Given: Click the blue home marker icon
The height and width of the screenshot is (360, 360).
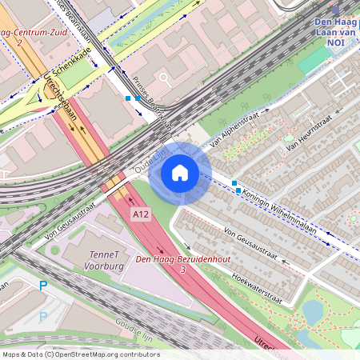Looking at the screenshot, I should pos(180,173).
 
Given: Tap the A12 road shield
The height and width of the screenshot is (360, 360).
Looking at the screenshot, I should pos(142,214).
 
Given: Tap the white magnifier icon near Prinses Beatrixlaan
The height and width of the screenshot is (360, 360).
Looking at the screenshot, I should pos(165,79).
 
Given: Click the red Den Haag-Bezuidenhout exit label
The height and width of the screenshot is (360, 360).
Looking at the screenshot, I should pos(183,258).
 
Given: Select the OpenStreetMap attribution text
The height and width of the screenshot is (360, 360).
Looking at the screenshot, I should pos(80,354).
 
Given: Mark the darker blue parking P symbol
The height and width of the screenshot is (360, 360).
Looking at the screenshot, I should pos(43,286).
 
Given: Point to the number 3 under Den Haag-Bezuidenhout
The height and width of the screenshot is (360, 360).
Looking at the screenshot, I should pos(183,270).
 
